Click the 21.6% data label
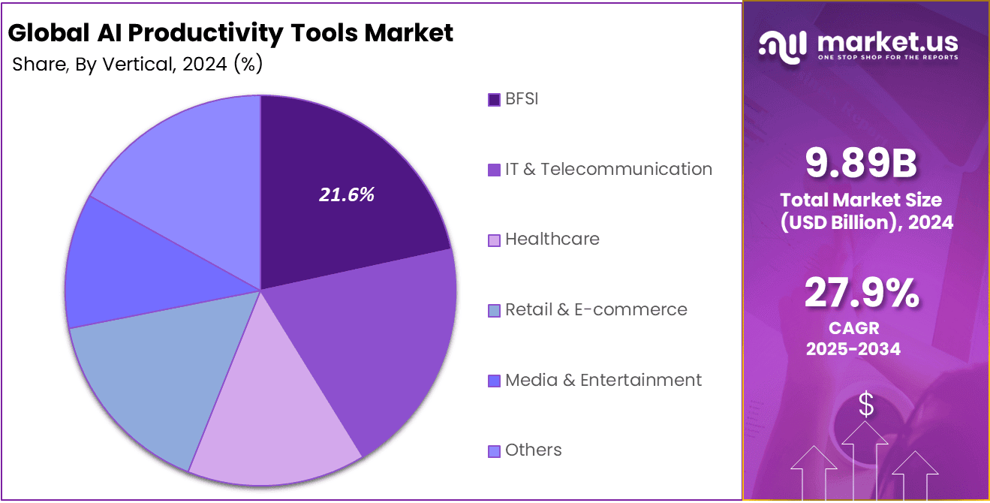click(346, 195)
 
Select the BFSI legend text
click(522, 99)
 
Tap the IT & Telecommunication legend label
click(608, 169)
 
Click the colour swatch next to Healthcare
click(494, 240)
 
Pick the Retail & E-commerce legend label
click(596, 309)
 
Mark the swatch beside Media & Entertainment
click(494, 381)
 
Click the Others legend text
click(533, 450)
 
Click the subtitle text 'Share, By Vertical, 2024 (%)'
click(137, 65)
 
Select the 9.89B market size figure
click(861, 163)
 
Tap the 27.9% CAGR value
click(861, 293)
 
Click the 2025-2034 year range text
click(853, 349)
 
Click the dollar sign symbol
click(866, 405)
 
